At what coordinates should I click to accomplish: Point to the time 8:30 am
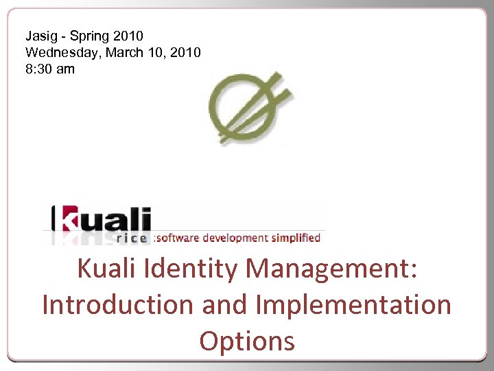coord(50,69)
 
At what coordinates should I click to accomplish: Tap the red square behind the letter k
coord(69,219)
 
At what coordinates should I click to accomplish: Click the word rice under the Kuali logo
coord(132,238)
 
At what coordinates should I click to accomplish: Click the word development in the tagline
coord(239,238)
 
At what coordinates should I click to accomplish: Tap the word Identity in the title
coord(195,269)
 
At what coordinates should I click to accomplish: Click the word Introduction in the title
coord(117,304)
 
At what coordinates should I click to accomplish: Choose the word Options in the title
coord(247,341)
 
